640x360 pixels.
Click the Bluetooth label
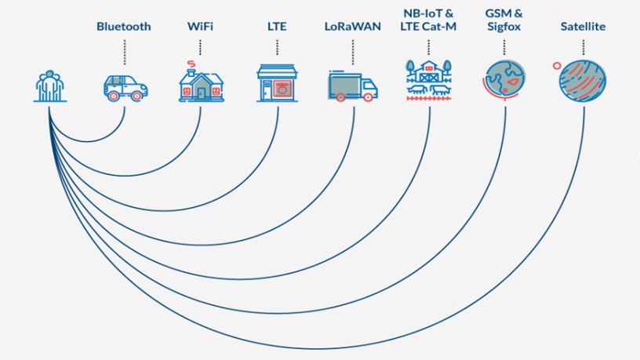(123, 27)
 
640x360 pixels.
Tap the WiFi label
(200, 27)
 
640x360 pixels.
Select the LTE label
(277, 27)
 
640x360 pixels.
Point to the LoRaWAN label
(353, 27)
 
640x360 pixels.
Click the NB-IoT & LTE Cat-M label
(429, 20)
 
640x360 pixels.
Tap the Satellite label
(583, 27)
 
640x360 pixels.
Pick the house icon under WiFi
(201, 83)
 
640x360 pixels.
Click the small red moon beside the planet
(556, 66)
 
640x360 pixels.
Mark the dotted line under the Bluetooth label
(124, 52)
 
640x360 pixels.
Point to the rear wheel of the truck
(340, 96)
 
